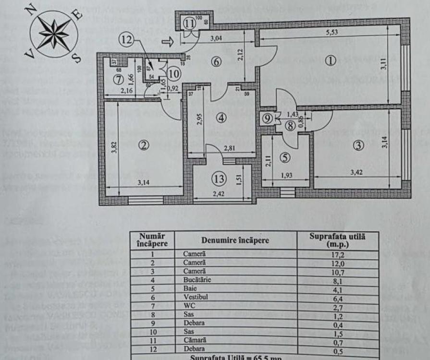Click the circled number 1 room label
point(330,61)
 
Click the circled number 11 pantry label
point(189,23)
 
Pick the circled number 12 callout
point(126,41)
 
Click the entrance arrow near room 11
point(168,42)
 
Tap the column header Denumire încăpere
point(235,240)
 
